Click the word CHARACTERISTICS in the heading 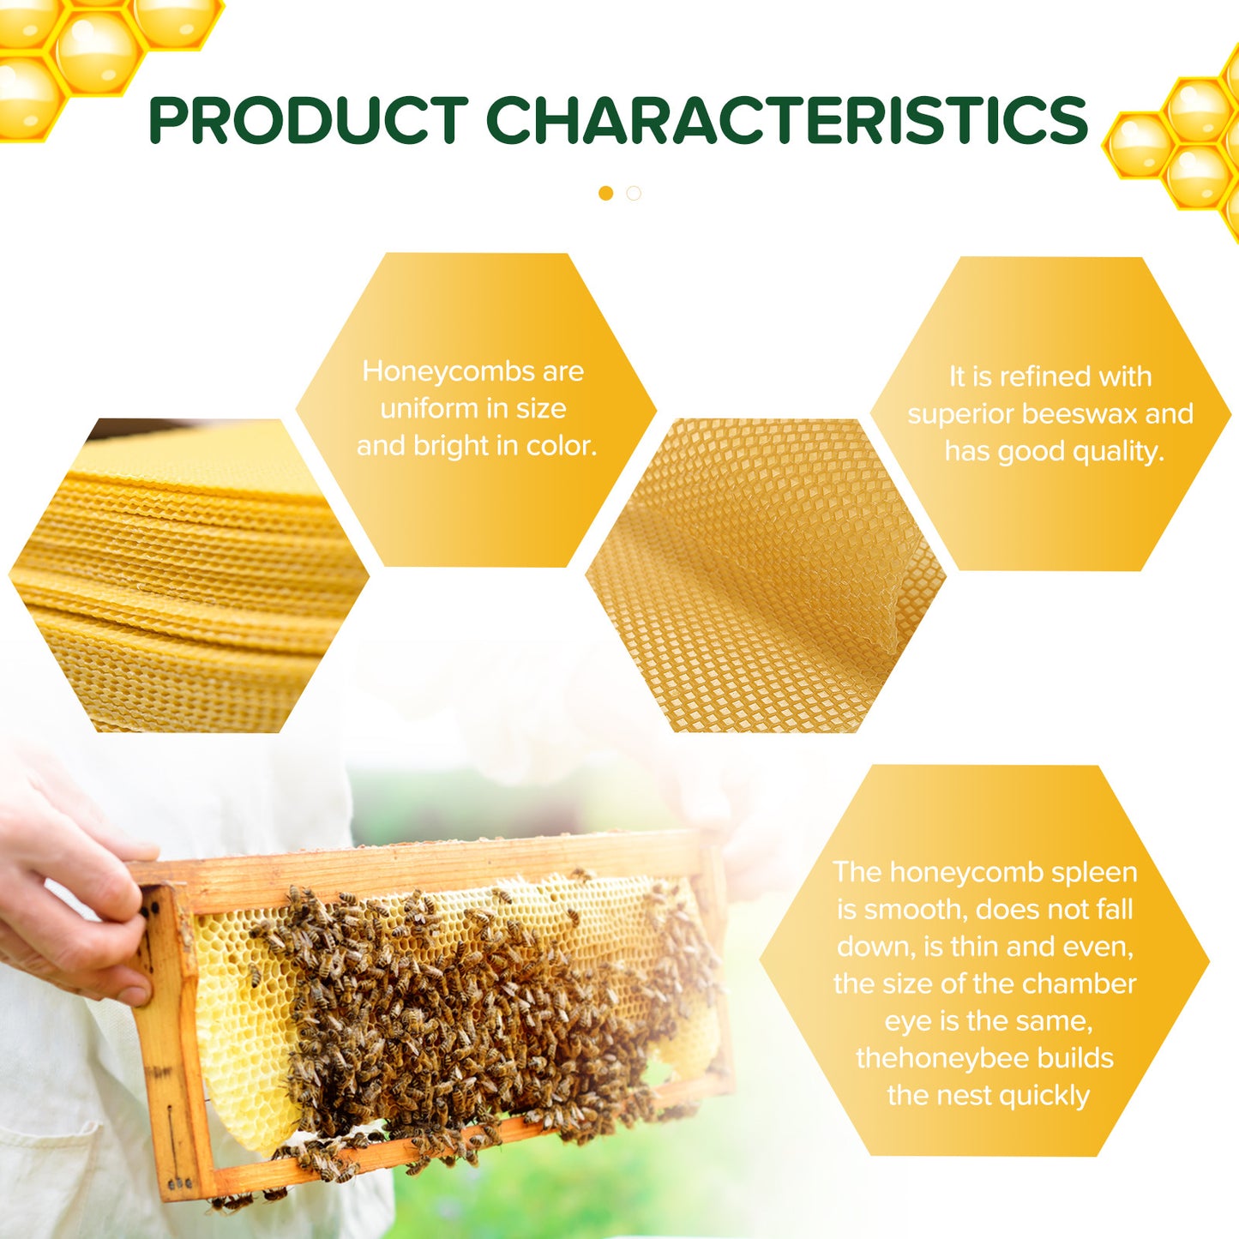coord(787,120)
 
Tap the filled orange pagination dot coord(606,194)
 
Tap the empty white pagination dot coord(634,194)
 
